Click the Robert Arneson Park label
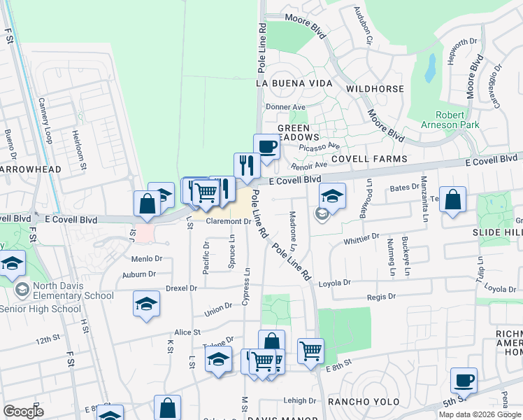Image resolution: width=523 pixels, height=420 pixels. (x=457, y=120)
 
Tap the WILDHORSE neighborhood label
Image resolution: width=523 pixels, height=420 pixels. (x=375, y=89)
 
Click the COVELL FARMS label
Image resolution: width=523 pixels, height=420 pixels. (x=369, y=159)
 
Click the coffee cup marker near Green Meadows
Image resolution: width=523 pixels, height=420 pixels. (x=266, y=147)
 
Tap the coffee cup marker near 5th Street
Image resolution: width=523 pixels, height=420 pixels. (x=464, y=381)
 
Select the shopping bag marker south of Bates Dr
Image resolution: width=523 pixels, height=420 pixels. (x=453, y=199)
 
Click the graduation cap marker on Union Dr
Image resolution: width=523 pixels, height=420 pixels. (x=146, y=304)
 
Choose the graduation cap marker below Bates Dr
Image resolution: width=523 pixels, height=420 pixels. (x=333, y=196)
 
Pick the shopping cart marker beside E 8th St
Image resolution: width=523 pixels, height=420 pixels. (x=310, y=350)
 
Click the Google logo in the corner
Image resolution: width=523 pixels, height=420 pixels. (x=23, y=412)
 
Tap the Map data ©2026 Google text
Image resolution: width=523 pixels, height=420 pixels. (x=480, y=414)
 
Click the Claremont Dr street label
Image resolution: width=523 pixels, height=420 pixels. (x=228, y=221)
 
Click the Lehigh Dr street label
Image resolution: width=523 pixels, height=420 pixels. (x=301, y=401)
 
